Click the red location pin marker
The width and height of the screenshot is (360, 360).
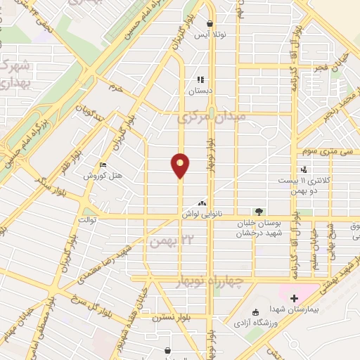pos(181,165)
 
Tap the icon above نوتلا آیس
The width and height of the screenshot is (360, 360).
pos(210,23)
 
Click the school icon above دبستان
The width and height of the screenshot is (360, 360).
pos(200,80)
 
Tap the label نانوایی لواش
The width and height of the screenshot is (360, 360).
pos(199,212)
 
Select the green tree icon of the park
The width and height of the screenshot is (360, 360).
pos(259,211)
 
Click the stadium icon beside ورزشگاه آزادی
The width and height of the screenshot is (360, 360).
pos(255,311)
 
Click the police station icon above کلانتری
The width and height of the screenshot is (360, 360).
pos(304,169)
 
